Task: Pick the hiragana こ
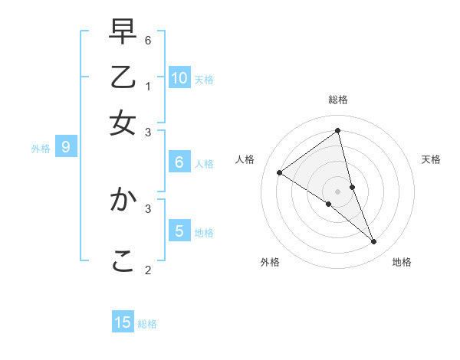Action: click(123, 261)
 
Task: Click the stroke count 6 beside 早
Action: click(148, 39)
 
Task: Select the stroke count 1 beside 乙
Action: click(148, 86)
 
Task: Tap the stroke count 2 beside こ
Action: click(148, 270)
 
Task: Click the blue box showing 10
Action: click(179, 77)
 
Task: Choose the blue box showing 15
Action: click(123, 322)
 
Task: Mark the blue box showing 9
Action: click(66, 147)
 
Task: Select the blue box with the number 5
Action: click(179, 231)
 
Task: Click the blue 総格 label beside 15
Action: click(147, 324)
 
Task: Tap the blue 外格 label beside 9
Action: click(41, 149)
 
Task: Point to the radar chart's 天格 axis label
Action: click(431, 159)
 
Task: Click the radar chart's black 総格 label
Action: click(338, 100)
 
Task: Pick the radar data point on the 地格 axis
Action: click(374, 242)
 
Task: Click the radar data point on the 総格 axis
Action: click(338, 131)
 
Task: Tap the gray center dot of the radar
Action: click(338, 191)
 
